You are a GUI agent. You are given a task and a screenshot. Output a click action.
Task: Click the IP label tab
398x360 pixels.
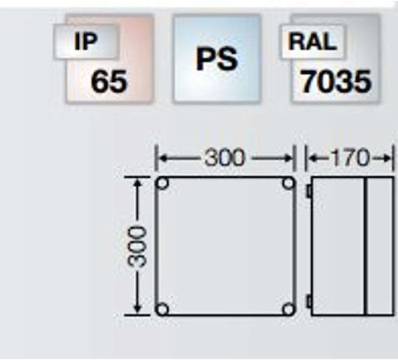pos(85,41)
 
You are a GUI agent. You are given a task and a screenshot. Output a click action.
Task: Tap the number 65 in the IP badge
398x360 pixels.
pos(109,81)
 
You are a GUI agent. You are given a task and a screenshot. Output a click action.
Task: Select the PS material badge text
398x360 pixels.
pos(217,59)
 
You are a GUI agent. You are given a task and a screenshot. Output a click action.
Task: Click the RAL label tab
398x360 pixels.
pos(312,41)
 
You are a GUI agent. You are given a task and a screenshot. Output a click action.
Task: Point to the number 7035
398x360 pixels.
pos(336,81)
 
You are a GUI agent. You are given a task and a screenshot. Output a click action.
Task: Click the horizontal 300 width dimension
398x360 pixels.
pos(225,159)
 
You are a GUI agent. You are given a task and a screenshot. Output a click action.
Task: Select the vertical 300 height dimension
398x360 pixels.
pos(137,246)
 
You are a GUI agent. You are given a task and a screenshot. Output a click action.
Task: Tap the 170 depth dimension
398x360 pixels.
pos(350,158)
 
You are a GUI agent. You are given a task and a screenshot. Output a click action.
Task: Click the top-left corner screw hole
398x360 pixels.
pos(163,183)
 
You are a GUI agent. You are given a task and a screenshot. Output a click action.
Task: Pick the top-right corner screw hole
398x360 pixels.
pos(288,183)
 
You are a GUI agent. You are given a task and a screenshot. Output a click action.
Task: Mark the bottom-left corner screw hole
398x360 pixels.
pos(162,309)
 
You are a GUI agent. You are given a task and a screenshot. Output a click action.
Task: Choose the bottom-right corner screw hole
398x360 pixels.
pos(288,309)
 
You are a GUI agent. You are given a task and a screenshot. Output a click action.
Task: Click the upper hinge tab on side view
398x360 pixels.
pos(309,191)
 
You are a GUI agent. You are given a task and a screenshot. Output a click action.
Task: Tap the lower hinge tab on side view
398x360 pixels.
pos(309,302)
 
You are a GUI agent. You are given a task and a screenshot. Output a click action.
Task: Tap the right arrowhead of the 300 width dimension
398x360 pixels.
pos(288,159)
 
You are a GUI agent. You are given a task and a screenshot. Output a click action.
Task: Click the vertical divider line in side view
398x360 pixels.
pos(366,246)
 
